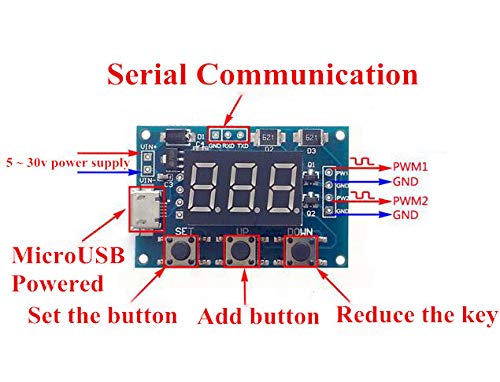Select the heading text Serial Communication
(263, 75)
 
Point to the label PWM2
(409, 201)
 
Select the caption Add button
(258, 318)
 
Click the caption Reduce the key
(416, 316)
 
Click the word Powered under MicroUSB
(57, 283)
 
